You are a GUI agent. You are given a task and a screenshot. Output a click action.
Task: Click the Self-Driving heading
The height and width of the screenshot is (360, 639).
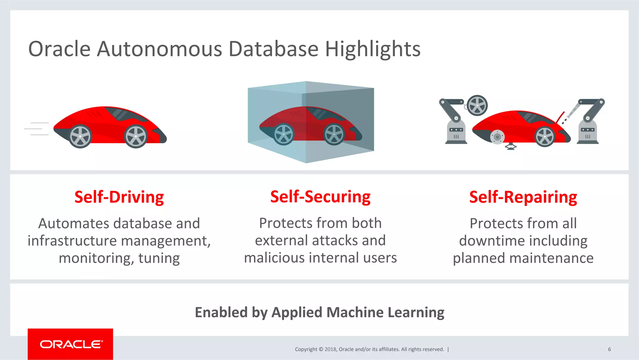click(119, 197)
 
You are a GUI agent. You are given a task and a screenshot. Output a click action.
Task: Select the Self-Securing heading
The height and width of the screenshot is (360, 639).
click(320, 197)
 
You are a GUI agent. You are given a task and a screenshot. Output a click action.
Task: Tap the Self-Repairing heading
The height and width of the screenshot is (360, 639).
click(523, 197)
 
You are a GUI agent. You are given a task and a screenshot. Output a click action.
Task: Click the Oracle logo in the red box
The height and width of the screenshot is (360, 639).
click(71, 344)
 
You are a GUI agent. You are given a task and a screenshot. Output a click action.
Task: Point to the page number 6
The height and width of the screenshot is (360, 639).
click(609, 349)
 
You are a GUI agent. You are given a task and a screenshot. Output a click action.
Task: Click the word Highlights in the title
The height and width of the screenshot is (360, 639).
click(373, 49)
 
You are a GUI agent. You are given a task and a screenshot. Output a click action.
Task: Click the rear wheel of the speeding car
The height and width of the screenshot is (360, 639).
click(80, 136)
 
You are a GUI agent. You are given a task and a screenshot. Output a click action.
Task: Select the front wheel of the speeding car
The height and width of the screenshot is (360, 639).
click(136, 136)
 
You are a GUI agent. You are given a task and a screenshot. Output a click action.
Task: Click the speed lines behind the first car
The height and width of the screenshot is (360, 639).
click(37, 129)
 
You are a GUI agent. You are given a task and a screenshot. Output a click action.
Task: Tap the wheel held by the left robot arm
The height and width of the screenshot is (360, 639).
click(477, 106)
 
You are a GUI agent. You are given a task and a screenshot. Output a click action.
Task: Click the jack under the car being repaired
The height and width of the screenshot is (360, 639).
click(511, 146)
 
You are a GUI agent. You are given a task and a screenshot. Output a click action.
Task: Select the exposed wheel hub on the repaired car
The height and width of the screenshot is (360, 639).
click(497, 137)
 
